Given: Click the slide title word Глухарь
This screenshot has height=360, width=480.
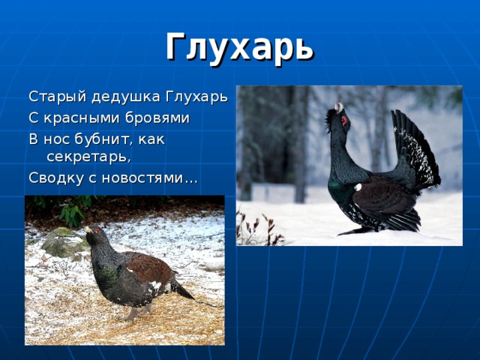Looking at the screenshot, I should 239,46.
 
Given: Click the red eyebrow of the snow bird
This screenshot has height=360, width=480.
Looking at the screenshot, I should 344,119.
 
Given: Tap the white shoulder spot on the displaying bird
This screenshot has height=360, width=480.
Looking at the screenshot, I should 358,187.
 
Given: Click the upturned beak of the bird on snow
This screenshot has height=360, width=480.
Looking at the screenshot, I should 339,107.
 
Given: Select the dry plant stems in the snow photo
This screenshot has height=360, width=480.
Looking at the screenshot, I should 259,228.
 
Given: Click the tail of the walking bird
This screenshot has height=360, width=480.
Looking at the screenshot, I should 183,291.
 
